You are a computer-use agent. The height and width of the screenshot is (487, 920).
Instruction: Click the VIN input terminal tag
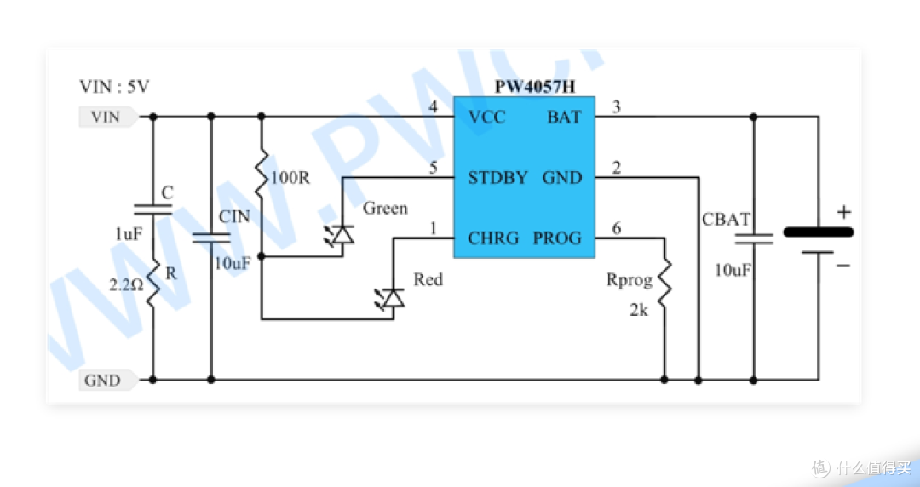click(108, 117)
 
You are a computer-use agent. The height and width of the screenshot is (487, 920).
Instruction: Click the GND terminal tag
click(108, 381)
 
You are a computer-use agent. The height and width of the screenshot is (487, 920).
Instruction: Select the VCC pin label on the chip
click(487, 117)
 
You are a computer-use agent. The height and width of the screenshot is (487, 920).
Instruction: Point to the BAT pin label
click(564, 117)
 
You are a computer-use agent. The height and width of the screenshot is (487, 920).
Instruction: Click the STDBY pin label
click(498, 177)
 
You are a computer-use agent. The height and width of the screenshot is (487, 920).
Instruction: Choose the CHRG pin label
click(493, 238)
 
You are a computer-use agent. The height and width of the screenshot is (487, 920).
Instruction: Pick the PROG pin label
click(557, 238)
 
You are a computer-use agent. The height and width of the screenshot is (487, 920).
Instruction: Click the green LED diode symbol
click(340, 235)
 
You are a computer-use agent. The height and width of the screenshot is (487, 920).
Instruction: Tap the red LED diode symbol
click(390, 298)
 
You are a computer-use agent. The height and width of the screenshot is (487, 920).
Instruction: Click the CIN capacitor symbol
click(211, 238)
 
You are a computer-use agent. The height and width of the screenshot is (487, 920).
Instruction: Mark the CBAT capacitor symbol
click(754, 238)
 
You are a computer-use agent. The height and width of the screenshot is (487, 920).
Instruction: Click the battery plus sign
click(843, 212)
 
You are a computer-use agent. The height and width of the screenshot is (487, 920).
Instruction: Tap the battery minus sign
click(843, 266)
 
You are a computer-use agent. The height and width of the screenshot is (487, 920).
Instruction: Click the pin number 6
click(616, 227)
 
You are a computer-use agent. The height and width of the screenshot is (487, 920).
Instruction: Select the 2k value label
click(639, 311)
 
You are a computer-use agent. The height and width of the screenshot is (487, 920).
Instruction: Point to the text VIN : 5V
click(114, 87)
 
